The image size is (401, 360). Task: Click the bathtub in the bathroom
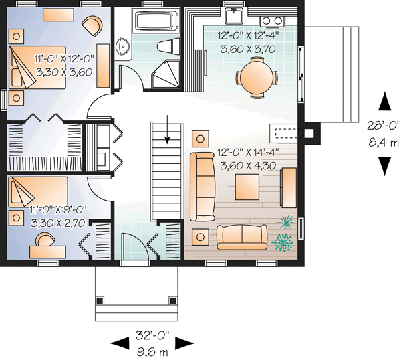tap(155, 21)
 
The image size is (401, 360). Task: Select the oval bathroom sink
tap(124, 46)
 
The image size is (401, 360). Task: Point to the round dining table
tap(257, 76)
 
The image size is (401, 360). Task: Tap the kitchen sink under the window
tap(235, 17)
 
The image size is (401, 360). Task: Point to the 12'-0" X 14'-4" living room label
tap(247, 152)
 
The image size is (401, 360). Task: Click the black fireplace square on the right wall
tap(309, 132)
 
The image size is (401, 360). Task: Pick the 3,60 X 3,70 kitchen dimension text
tap(247, 48)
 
